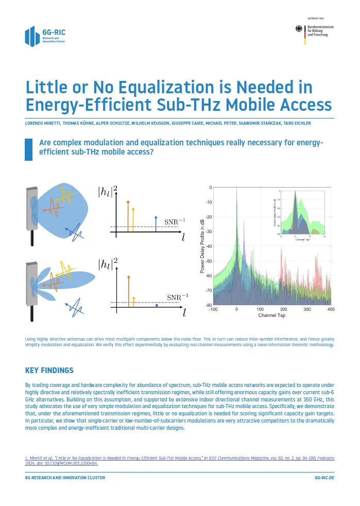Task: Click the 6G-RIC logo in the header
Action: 45,35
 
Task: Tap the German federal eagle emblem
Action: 300,30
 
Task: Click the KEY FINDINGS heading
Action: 49,370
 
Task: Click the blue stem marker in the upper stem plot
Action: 156,218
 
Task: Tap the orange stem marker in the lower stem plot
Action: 128,277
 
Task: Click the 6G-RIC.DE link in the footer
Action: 324,478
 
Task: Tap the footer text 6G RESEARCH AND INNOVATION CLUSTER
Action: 65,478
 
